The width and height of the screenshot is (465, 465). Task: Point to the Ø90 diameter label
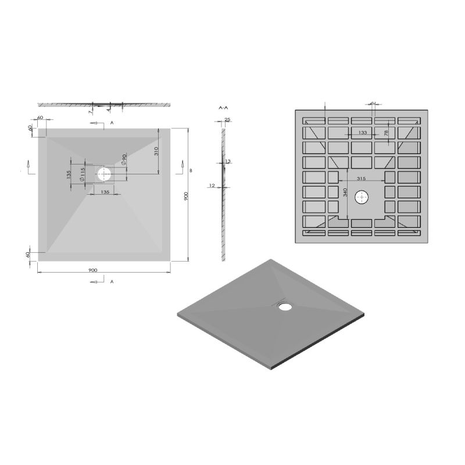coord(124,159)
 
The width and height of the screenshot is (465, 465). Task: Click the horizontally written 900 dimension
coord(92,269)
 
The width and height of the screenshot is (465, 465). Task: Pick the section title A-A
coord(222,108)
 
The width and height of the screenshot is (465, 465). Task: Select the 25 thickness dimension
coord(227,120)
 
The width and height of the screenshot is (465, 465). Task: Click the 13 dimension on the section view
coord(228,161)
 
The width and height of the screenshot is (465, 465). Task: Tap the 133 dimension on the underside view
coord(363,133)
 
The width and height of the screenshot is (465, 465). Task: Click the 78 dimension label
coord(385,134)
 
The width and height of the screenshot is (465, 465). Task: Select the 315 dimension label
coord(361,178)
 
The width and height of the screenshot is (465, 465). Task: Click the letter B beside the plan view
coord(191,170)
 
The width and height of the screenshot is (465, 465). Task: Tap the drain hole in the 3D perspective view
coord(285,306)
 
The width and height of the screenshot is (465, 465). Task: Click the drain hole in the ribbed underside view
coord(363,196)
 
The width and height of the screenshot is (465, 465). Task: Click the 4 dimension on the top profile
coord(109,109)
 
